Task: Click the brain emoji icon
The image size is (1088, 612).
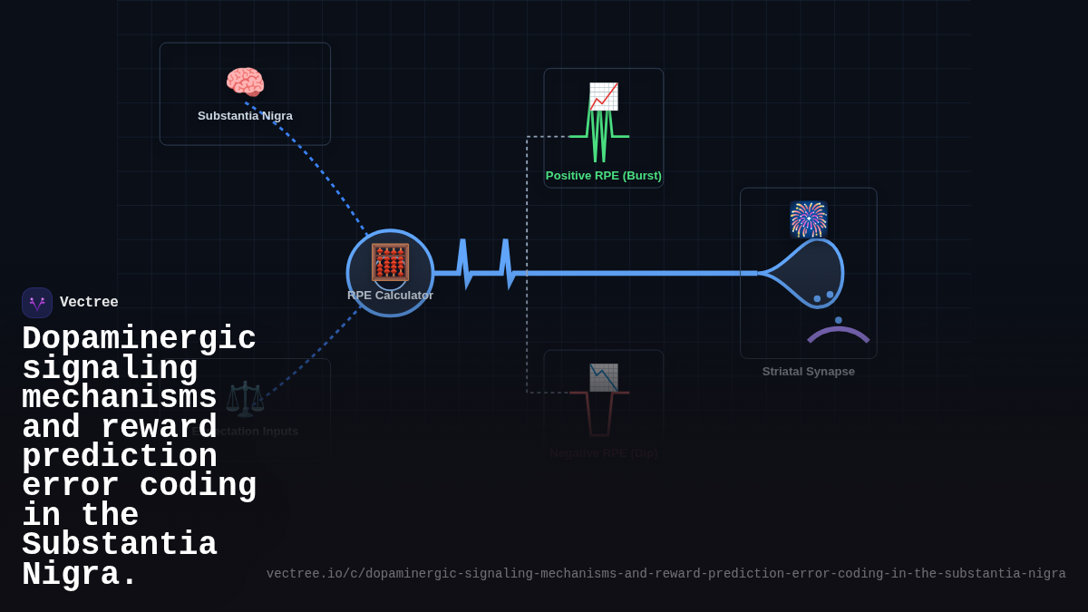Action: (245, 83)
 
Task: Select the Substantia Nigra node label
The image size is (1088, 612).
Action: (245, 116)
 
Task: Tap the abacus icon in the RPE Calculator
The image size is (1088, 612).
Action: (390, 262)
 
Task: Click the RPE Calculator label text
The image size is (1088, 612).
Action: (390, 296)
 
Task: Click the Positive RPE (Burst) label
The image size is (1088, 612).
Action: (603, 176)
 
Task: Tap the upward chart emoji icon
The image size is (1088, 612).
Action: (604, 96)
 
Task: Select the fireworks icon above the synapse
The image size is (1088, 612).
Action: (808, 219)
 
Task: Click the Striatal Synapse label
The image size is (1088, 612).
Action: (808, 372)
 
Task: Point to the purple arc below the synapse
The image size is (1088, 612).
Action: (838, 333)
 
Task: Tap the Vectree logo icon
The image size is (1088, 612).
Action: (37, 303)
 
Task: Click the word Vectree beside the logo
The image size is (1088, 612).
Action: (89, 303)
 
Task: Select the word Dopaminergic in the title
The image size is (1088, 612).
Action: (139, 339)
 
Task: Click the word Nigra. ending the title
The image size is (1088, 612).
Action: (80, 575)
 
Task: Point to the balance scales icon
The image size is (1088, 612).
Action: (245, 399)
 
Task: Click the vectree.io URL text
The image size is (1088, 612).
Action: (665, 574)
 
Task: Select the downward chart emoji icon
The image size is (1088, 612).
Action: (604, 377)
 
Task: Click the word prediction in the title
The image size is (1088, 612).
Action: (119, 457)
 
